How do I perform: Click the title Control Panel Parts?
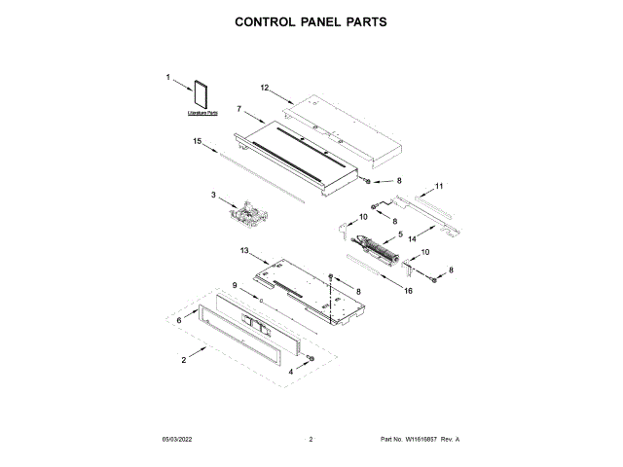(311, 20)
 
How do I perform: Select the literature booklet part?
(202, 95)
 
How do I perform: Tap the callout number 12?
(264, 88)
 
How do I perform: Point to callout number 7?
(238, 109)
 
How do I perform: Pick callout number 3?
(213, 195)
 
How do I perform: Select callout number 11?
(439, 185)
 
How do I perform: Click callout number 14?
(413, 237)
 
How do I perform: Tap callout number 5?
(399, 234)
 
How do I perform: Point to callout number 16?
(408, 290)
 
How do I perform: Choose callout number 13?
(245, 250)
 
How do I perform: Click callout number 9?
(235, 284)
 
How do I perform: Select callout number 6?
(178, 318)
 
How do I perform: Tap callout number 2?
(184, 361)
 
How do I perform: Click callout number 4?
(290, 371)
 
